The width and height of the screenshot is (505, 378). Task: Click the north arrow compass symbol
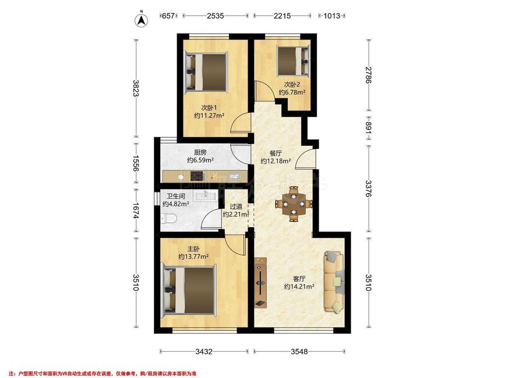pyautogui.click(x=141, y=19)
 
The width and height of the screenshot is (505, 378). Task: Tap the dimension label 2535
pyautogui.click(x=215, y=16)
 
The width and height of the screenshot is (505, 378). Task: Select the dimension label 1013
pyautogui.click(x=332, y=16)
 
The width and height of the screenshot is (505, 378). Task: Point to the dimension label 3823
pyautogui.click(x=136, y=88)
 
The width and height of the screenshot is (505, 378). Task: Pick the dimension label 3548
pyautogui.click(x=299, y=352)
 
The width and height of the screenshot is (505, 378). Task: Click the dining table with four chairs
pyautogui.click(x=294, y=204)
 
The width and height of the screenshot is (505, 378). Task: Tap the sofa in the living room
pyautogui.click(x=334, y=281)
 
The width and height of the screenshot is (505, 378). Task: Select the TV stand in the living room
pyautogui.click(x=260, y=283)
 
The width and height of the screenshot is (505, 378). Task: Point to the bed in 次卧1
pyautogui.click(x=206, y=72)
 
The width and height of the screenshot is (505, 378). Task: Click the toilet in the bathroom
pyautogui.click(x=168, y=219)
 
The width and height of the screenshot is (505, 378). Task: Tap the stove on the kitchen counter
pyautogui.click(x=198, y=176)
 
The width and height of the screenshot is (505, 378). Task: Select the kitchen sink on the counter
pyautogui.click(x=234, y=176)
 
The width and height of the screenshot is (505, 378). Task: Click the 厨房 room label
pyautogui.click(x=200, y=152)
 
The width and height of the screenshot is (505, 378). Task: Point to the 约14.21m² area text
pyautogui.click(x=299, y=286)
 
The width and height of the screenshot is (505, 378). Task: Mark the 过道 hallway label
pyautogui.click(x=236, y=206)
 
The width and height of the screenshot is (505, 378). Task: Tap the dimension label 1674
pyautogui.click(x=136, y=211)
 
